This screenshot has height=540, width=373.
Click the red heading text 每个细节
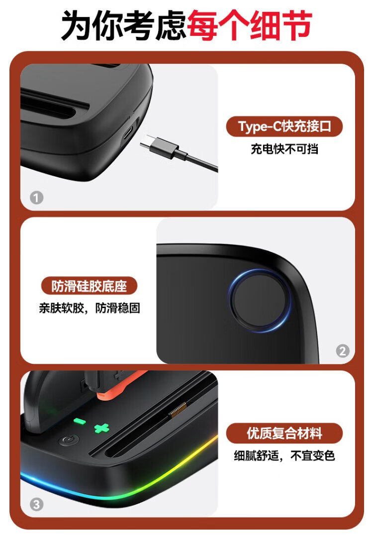tap(250, 25)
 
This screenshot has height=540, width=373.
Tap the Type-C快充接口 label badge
tap(284, 126)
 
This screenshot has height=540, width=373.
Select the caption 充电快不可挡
tap(284, 149)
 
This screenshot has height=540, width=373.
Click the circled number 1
tap(36, 198)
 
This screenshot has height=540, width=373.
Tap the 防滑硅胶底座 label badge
tap(89, 286)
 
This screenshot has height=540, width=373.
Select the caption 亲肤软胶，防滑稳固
tap(90, 308)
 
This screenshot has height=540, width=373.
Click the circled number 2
tap(342, 351)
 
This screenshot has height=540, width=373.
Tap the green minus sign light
tap(80, 422)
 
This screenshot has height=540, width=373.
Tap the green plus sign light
tap(102, 428)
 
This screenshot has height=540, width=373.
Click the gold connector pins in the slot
tap(178, 410)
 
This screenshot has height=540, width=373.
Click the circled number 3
tap(36, 505)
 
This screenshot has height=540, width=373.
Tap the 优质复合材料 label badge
tap(284, 433)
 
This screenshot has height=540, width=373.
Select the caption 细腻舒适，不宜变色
tap(284, 456)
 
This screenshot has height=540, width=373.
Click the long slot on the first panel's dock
tap(48, 104)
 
